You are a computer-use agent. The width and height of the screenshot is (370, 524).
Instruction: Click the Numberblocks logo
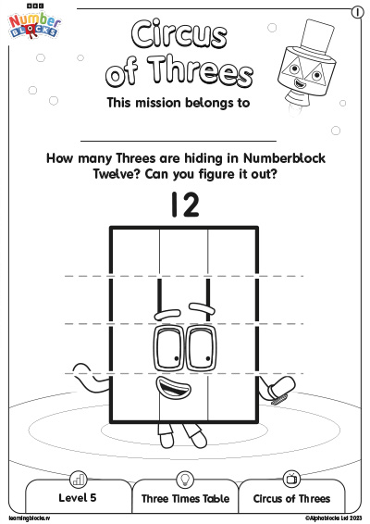pos(34,23)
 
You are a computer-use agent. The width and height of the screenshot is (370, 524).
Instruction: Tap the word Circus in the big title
pos(179,33)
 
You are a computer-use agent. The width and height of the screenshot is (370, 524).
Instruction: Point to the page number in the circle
pos(357,12)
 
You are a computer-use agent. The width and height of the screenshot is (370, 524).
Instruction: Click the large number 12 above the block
pos(185,205)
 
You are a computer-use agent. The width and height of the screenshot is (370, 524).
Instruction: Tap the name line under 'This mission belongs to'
pos(179,141)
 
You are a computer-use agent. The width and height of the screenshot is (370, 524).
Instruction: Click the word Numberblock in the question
pos(284,158)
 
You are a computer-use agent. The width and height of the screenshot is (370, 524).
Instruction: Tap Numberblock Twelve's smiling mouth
pos(174,387)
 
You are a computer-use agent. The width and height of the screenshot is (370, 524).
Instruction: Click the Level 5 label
pos(78,497)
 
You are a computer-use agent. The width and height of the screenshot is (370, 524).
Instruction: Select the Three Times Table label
pos(185,499)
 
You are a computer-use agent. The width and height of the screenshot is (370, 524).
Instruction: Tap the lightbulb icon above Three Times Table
pos(185,480)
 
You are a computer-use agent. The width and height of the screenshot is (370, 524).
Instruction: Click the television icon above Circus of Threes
pos(291,479)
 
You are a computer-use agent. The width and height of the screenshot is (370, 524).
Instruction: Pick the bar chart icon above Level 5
pos(79,480)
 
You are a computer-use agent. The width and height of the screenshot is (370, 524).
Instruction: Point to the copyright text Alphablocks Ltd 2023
pos(334,518)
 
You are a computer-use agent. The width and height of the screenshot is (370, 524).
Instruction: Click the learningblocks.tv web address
pos(30,518)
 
